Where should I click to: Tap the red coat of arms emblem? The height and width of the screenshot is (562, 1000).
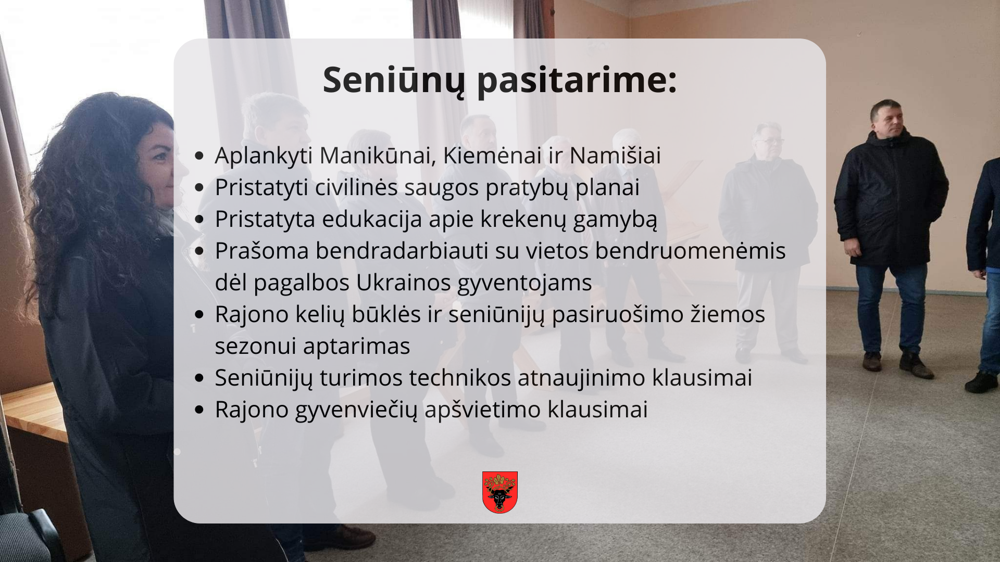[500, 492]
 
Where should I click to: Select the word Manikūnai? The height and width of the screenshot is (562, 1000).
[378, 155]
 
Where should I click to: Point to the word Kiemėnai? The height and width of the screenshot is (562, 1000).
[492, 155]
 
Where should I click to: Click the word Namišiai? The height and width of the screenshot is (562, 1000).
[615, 155]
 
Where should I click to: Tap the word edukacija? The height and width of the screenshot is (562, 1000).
[372, 219]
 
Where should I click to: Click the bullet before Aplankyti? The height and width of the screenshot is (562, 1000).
[199, 156]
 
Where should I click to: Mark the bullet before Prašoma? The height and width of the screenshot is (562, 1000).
[199, 251]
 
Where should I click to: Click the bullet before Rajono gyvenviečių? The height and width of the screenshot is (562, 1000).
[199, 410]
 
